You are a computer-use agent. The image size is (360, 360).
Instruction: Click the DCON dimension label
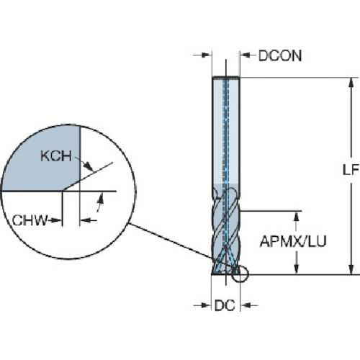pos(280,56)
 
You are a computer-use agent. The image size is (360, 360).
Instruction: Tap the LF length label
pos(351,170)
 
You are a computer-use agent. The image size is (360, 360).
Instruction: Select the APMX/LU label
pos(293,241)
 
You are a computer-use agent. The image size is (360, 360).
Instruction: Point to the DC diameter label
pos(225,305)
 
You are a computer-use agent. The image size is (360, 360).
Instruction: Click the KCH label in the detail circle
pos(56,156)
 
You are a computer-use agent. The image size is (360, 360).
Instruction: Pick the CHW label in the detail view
pos(30,220)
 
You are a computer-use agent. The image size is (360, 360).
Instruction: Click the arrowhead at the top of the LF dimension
pos(351,83)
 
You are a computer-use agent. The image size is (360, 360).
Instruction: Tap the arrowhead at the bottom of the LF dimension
pos(351,269)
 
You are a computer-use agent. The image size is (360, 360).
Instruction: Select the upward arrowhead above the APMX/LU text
pos(297,217)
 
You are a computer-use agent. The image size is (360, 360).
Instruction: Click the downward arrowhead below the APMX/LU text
pos(297,269)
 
